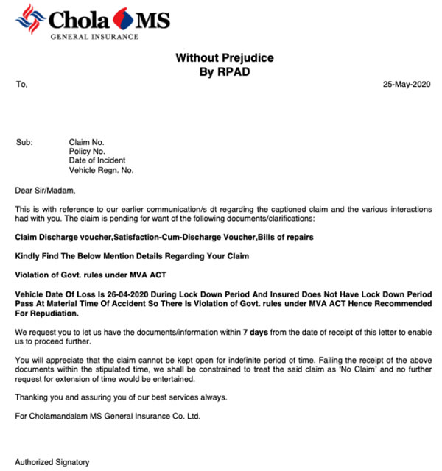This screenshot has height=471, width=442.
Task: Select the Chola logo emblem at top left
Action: click(x=30, y=18)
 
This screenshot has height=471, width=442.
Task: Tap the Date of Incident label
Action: click(x=97, y=160)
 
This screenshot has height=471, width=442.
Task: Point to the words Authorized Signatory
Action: click(x=52, y=462)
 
